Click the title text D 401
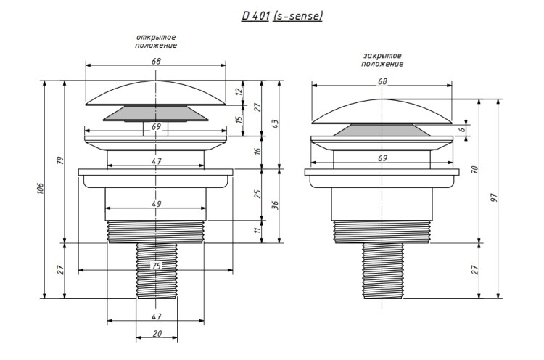255,16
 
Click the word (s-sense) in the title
297,16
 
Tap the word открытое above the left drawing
156,37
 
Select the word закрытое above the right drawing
382,56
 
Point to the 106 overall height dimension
41,188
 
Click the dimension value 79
61,160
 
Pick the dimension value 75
157,266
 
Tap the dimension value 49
156,204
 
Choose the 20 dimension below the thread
157,334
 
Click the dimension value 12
238,91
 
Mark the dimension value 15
239,120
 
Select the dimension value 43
275,124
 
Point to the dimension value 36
275,205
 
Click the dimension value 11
257,230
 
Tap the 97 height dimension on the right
495,198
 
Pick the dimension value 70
475,170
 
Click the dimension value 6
461,129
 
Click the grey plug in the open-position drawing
156,113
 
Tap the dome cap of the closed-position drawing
382,112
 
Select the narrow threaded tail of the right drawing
383,271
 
